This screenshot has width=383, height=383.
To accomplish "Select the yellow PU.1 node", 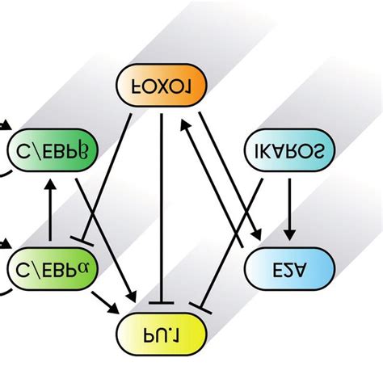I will tap(158, 331).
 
